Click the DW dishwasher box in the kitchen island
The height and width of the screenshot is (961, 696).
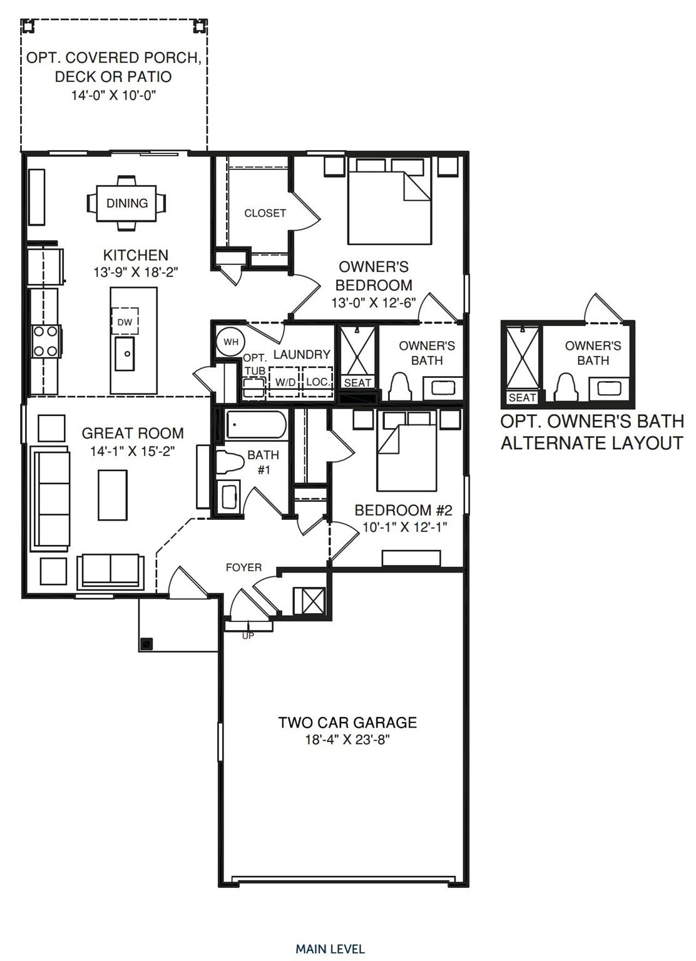pos(125,322)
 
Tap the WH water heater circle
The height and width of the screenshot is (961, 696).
pos(230,342)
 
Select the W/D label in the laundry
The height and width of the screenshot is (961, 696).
pos(285,382)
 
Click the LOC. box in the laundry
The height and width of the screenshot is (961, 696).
pos(317,381)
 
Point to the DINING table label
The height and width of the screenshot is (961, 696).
pos(127,203)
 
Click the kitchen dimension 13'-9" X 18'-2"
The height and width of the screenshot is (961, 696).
pos(135,272)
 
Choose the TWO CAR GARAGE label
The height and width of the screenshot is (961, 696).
pos(347,723)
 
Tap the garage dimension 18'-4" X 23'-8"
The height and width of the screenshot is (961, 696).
pos(347,740)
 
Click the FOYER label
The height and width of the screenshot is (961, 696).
pos(243,567)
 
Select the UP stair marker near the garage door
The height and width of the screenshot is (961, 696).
pos(248,636)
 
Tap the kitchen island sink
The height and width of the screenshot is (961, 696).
pos(125,353)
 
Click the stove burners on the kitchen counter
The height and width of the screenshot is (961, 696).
pos(44,342)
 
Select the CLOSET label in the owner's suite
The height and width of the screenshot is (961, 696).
pos(265,213)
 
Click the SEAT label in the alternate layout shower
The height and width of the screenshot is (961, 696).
pos(522,397)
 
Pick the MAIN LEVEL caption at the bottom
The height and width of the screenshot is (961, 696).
pos(330,949)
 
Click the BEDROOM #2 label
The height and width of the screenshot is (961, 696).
pos(403,510)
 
